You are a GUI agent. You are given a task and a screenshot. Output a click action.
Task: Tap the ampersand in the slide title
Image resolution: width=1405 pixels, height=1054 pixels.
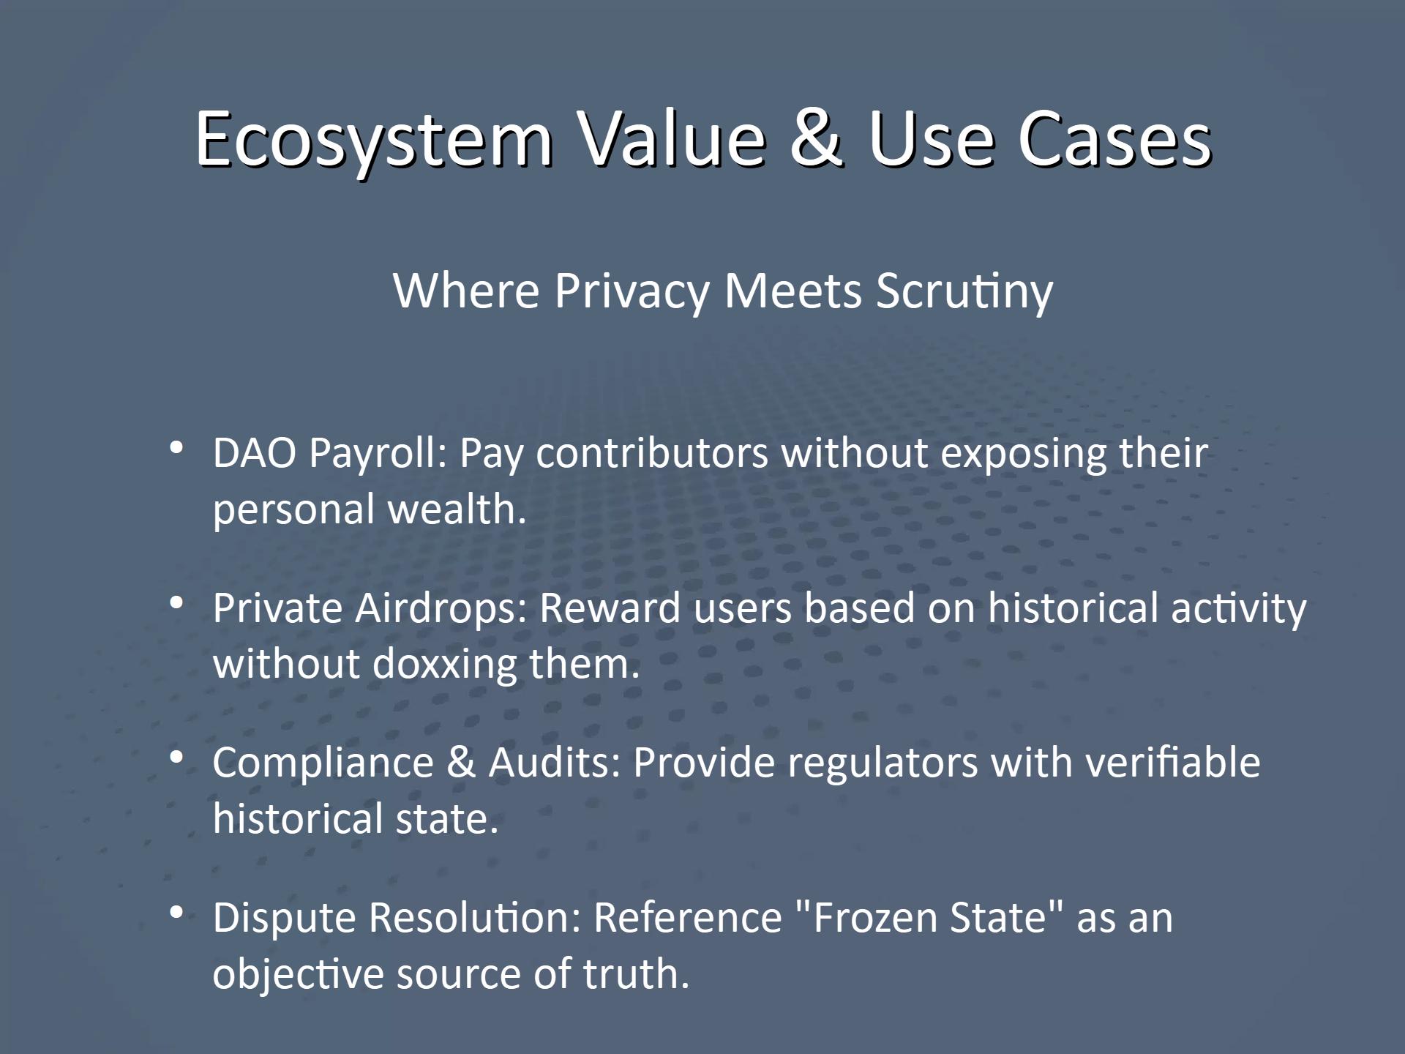click(x=816, y=139)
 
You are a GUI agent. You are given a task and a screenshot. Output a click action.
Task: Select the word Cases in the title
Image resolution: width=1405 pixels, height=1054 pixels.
click(x=1114, y=139)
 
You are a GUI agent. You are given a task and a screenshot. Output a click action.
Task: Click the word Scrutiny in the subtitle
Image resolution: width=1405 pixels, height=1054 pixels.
click(x=964, y=291)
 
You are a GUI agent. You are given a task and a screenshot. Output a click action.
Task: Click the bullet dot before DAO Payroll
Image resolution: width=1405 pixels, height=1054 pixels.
click(x=176, y=447)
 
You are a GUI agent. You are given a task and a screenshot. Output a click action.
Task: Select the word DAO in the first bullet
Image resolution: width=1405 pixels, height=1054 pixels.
click(x=255, y=453)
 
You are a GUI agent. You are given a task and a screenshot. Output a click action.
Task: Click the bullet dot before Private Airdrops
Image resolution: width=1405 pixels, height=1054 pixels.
click(x=176, y=602)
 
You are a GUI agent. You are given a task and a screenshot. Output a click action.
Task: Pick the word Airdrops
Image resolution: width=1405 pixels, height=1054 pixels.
click(x=441, y=608)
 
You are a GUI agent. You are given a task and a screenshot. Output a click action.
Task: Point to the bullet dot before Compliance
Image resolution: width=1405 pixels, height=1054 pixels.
click(x=176, y=758)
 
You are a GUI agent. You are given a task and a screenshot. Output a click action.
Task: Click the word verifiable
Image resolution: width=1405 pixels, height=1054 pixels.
click(x=1172, y=763)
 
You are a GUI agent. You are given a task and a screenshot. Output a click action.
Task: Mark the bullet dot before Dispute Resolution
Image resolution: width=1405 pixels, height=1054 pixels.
click(x=176, y=913)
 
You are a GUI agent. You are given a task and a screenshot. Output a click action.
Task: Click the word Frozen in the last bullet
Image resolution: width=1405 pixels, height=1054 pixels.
click(x=875, y=918)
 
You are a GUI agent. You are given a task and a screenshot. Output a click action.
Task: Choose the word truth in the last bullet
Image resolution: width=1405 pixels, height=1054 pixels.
click(x=636, y=974)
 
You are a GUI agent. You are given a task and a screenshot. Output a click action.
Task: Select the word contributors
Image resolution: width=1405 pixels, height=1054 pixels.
click(x=652, y=453)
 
